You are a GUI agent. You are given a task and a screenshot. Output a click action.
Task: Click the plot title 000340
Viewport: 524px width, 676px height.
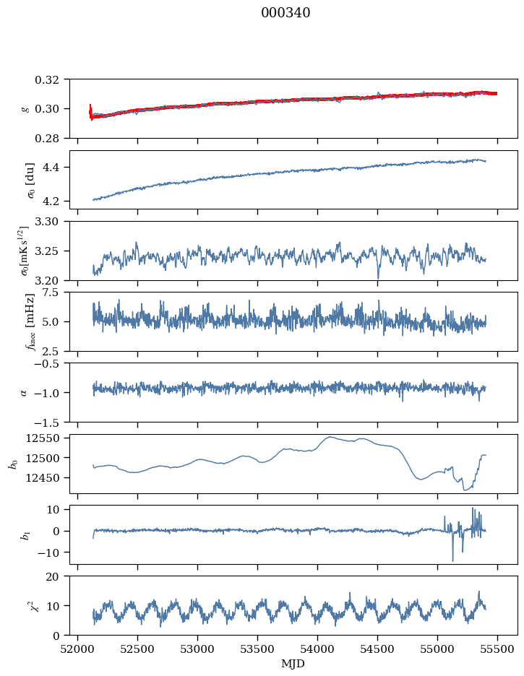pos(285,13)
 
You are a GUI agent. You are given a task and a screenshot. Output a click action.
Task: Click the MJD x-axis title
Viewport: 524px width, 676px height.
pos(293,664)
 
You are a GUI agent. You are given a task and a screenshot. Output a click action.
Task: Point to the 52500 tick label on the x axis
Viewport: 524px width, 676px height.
pos(137,649)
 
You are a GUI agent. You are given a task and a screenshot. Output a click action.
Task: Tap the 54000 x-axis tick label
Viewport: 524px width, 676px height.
pos(317,649)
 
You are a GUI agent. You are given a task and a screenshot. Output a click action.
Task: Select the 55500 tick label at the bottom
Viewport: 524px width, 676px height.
pos(497,649)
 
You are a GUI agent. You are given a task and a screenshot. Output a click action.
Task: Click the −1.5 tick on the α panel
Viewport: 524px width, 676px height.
pos(50,422)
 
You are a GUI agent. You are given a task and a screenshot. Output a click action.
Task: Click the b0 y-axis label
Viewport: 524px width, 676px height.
pos(14,464)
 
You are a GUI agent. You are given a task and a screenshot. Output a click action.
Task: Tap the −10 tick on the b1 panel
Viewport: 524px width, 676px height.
pos(50,552)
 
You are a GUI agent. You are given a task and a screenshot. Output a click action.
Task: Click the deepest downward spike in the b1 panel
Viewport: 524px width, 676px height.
pos(453,560)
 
